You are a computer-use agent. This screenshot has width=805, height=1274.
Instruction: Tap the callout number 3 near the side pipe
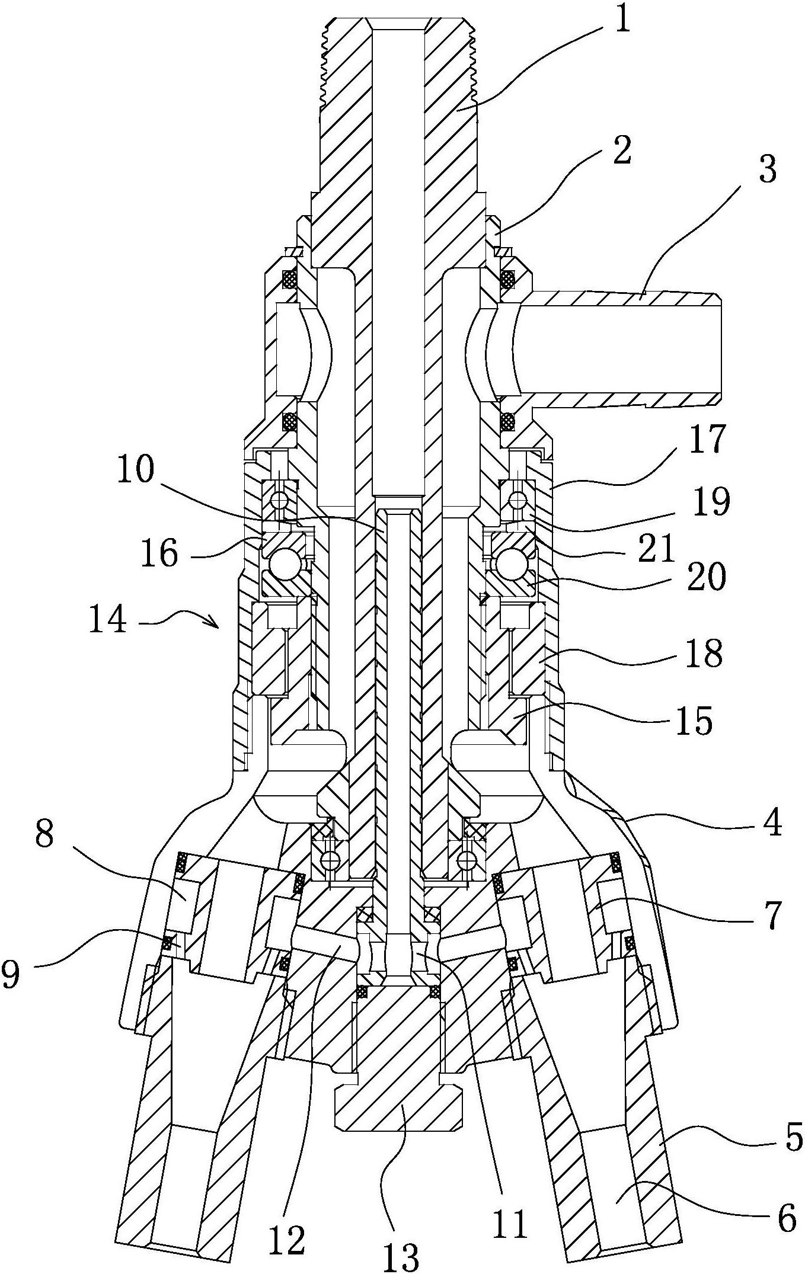coord(767,168)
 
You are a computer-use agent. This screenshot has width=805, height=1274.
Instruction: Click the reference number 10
coord(136,472)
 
